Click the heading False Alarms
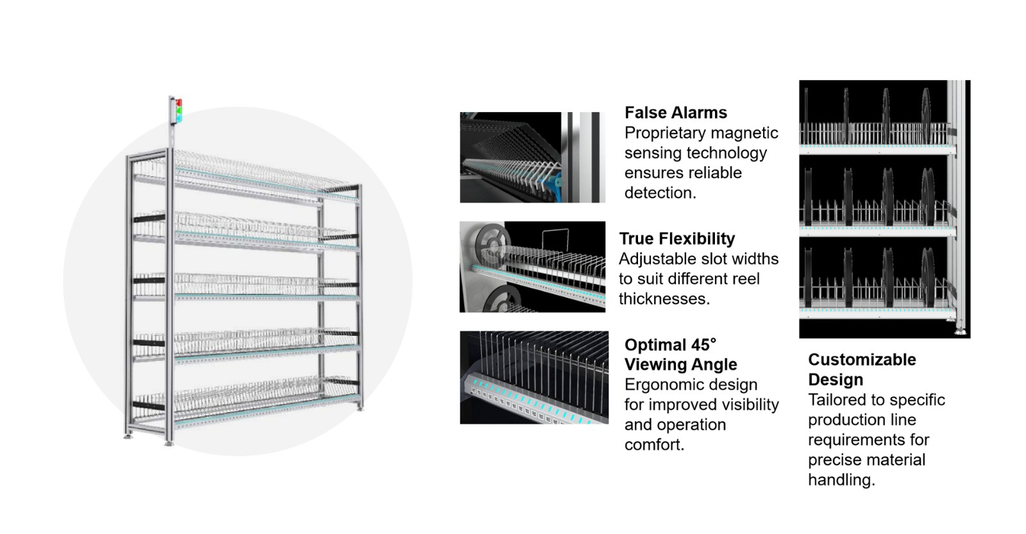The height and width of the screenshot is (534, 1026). pos(675,113)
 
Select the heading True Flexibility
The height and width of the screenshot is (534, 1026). pos(677,239)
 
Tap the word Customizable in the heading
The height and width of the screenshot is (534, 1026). pos(861,360)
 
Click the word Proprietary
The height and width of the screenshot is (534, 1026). pos(664,133)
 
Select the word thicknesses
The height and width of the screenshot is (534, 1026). pos(664,299)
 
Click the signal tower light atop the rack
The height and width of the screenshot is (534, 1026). pos(175,110)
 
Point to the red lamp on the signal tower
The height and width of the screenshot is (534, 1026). pos(179,103)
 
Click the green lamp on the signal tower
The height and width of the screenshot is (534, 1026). pos(179,117)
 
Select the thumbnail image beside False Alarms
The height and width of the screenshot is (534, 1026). pos(532,158)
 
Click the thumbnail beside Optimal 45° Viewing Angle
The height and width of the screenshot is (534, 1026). pos(534,378)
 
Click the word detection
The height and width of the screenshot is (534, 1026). pos(660,193)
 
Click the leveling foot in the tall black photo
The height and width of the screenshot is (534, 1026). pos(959,331)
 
